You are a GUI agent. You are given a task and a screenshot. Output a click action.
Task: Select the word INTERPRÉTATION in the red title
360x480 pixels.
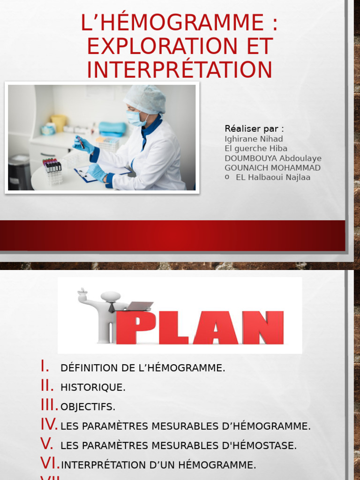[180, 69]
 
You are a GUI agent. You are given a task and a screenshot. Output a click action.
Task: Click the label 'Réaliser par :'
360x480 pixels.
[254, 128]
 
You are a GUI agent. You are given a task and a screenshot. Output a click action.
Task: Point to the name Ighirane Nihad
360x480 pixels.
[254, 139]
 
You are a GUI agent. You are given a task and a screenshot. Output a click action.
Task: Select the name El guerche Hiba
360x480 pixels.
[256, 149]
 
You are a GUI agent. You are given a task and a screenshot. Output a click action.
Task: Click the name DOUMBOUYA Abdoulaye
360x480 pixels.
[273, 158]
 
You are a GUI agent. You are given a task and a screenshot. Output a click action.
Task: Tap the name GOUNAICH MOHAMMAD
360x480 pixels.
[272, 168]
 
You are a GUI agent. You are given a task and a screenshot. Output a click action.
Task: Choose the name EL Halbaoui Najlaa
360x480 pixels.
[273, 177]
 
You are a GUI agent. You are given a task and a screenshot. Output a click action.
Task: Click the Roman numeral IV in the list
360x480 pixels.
[49, 425]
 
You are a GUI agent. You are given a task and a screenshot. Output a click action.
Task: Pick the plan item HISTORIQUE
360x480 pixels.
[93, 388]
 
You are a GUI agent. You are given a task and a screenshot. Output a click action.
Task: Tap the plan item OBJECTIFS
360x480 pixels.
[88, 407]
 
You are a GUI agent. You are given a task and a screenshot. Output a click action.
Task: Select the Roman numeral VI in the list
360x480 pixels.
[49, 464]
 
